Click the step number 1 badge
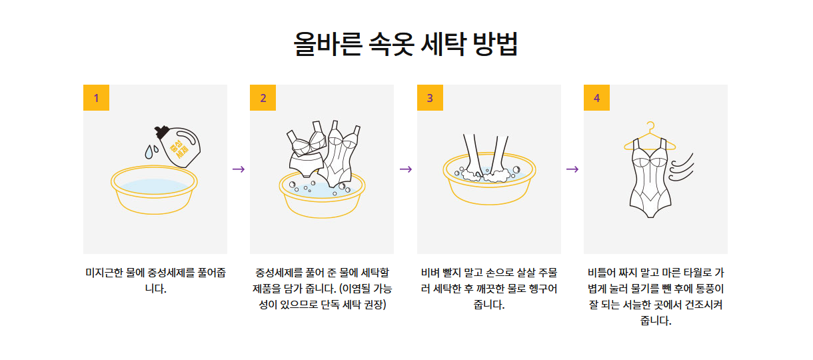tap(96, 98)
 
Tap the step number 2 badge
tap(263, 98)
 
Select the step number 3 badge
tap(430, 98)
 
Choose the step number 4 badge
tap(596, 98)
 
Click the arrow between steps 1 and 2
tap(239, 169)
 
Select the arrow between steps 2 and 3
tap(405, 169)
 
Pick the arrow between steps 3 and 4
tap(572, 169)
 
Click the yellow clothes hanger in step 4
tap(648, 137)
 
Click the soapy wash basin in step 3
tap(488, 183)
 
